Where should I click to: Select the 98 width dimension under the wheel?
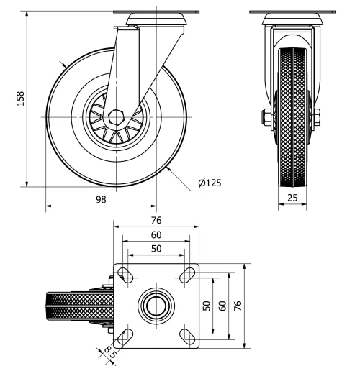click(102, 199)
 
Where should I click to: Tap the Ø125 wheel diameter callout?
click(210, 183)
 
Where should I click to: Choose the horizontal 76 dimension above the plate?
click(156, 221)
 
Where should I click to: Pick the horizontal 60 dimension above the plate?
click(156, 235)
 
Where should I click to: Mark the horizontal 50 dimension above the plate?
click(156, 249)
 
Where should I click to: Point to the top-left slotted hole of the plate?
click(125, 274)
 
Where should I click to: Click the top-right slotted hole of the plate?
click(189, 274)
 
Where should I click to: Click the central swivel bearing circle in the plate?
click(156, 306)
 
